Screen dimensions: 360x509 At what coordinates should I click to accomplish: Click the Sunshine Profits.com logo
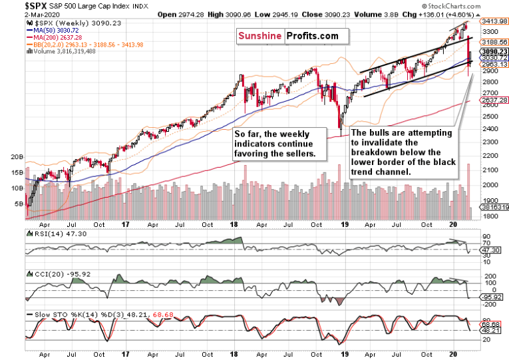coord(287,37)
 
